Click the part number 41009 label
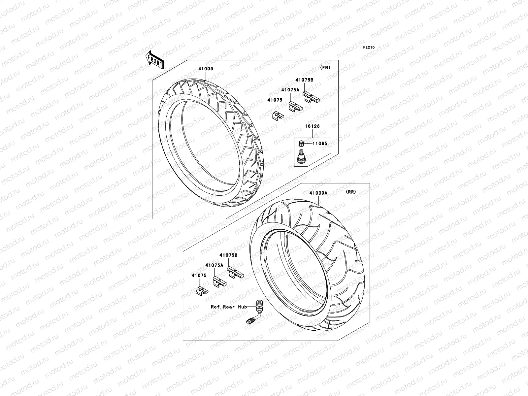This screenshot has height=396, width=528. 206,69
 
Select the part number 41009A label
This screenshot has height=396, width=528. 318,193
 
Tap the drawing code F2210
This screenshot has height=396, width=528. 369,48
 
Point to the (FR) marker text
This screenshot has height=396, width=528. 325,67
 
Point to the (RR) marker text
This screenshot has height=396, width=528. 351,192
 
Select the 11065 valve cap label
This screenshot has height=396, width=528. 320,144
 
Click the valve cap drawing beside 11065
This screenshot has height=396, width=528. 301,144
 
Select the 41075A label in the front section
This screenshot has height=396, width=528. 290,89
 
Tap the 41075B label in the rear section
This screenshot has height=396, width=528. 228,255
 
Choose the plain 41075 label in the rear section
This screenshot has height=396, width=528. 199,275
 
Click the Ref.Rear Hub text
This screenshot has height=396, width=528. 229,307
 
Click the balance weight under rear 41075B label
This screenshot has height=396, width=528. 235,273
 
